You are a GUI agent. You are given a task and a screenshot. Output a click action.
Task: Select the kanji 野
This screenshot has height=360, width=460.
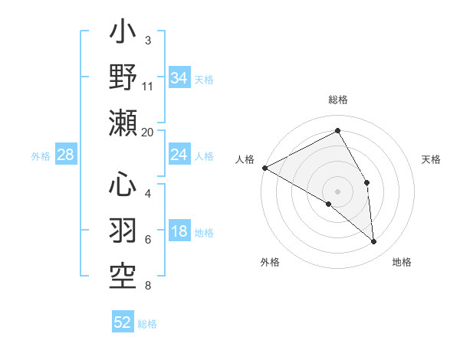(x=123, y=79)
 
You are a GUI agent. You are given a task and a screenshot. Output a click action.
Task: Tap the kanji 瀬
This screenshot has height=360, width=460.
(x=123, y=123)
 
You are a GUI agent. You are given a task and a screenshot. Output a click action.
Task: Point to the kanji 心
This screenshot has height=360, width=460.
(x=123, y=186)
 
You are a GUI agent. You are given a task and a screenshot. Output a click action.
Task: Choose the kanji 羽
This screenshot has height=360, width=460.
(x=123, y=229)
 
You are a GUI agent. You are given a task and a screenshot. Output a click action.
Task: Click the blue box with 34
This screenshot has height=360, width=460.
(x=179, y=78)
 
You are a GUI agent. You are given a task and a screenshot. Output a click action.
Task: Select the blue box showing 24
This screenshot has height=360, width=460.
(x=179, y=155)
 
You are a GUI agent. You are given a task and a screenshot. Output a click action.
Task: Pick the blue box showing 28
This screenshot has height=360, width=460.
(x=66, y=155)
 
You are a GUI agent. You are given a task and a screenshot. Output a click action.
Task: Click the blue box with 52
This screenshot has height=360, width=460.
(x=123, y=322)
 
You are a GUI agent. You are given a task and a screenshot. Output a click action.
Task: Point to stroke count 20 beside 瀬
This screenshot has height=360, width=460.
(x=148, y=132)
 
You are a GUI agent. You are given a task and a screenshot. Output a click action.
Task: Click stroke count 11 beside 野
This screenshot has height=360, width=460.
(x=148, y=87)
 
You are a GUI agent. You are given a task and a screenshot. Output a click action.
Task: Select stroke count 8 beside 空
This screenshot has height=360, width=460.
(x=148, y=286)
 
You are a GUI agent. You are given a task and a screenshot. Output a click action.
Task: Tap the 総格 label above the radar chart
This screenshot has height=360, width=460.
(x=338, y=100)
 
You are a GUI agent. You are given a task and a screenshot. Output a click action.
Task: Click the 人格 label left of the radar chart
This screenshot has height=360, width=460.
(x=245, y=159)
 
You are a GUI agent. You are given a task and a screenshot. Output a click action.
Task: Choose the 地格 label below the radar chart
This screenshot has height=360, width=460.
(x=402, y=262)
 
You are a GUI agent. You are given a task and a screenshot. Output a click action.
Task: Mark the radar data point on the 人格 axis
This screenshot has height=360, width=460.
(x=264, y=167)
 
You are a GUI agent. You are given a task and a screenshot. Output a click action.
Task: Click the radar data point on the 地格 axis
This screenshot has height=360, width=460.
(x=374, y=242)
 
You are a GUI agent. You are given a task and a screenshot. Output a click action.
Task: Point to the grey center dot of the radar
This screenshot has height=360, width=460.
(x=338, y=191)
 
